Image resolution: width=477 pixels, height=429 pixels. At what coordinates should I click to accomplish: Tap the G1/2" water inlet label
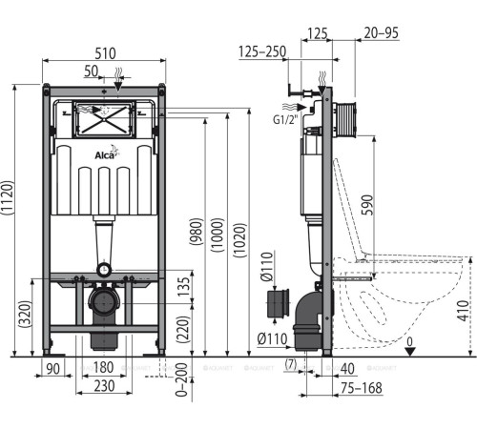pyautogui.click(x=284, y=120)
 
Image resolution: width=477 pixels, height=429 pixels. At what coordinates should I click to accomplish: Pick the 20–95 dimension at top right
pyautogui.click(x=381, y=34)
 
